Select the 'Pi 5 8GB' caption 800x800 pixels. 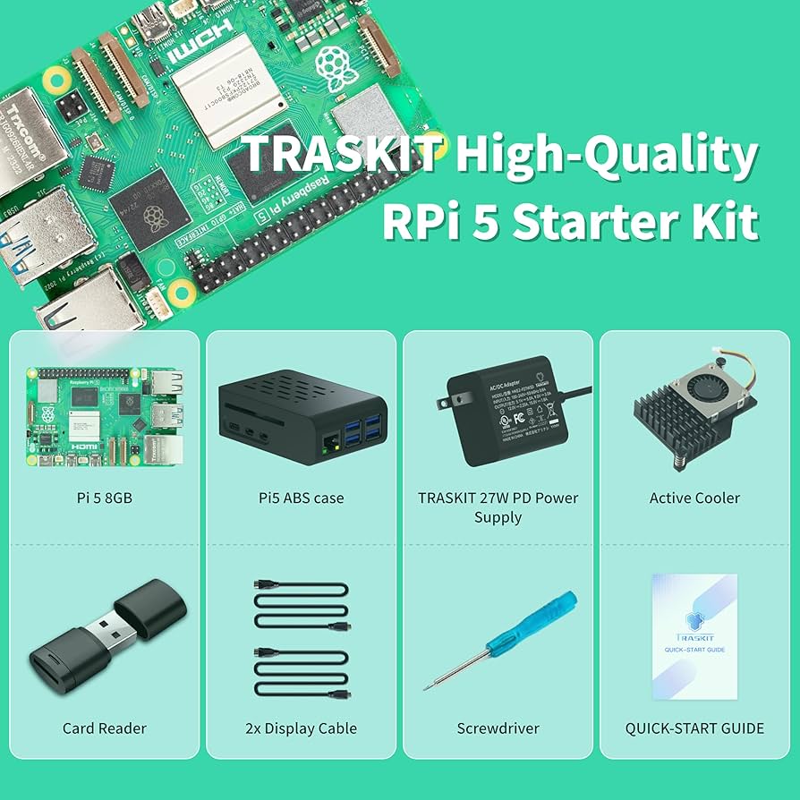coord(104,498)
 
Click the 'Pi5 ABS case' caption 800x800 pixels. coord(301,498)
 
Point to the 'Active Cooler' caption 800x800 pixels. coord(694,498)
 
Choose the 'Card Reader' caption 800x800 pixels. coord(104,728)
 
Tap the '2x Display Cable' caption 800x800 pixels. coord(301,728)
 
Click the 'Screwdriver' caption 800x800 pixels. coord(498,728)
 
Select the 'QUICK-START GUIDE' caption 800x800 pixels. coord(694,728)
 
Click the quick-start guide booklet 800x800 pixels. coord(694,635)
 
